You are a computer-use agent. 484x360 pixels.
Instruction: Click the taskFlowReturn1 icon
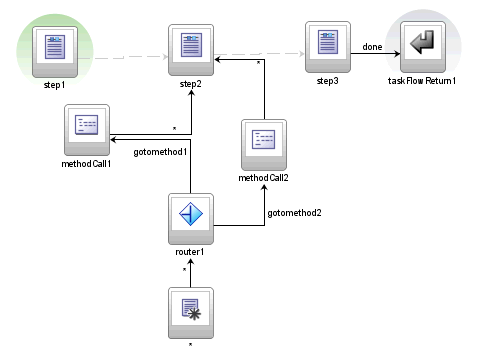423,46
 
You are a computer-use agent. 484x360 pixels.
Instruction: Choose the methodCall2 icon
263,141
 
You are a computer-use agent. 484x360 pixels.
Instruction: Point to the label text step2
191,87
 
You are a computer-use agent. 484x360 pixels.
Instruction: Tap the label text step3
327,81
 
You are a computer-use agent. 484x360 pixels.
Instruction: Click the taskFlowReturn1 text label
422,81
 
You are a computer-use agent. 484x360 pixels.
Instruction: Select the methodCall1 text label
85,162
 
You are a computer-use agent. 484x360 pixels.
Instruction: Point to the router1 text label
191,252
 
